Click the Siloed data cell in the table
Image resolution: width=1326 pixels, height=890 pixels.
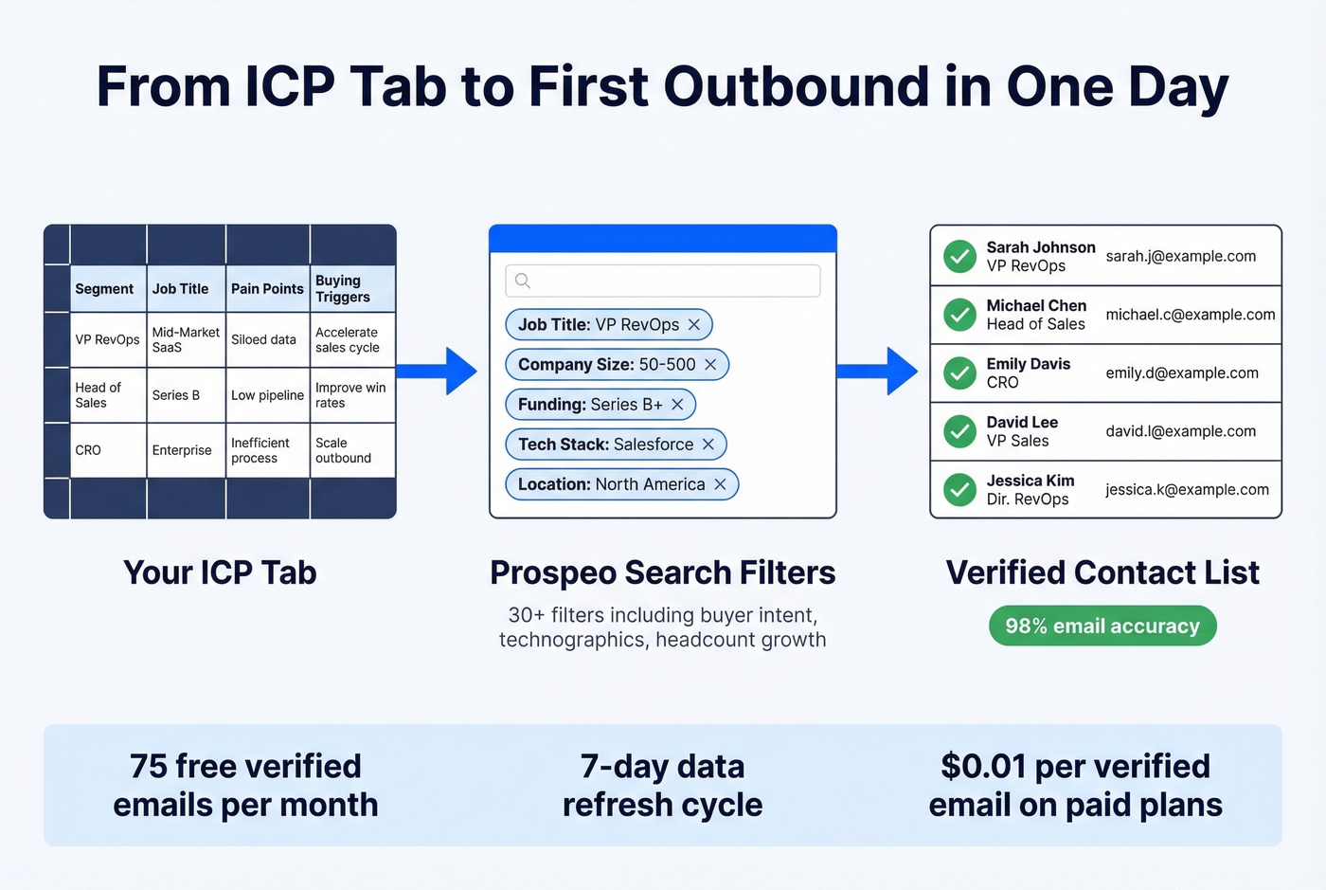[263, 339]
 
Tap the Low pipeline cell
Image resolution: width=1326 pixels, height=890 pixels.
[267, 395]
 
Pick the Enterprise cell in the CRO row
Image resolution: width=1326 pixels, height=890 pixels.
[182, 450]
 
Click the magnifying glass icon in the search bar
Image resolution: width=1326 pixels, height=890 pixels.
[523, 281]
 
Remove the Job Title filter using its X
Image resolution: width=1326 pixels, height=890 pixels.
[694, 324]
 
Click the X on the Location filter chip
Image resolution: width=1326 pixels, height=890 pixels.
[720, 484]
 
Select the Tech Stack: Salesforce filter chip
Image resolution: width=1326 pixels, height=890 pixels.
[606, 445]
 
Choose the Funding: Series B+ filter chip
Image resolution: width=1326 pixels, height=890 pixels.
[590, 405]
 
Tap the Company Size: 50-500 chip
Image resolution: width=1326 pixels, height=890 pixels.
[606, 365]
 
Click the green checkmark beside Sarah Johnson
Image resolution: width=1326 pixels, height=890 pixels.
[959, 256]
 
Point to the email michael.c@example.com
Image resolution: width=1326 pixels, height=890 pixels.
[1191, 315]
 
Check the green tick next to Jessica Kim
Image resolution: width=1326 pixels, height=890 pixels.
[959, 490]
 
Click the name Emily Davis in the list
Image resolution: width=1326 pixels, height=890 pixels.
[1028, 364]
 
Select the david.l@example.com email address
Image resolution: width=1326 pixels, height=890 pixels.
[1180, 431]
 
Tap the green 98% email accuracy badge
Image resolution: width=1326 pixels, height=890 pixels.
[1102, 626]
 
